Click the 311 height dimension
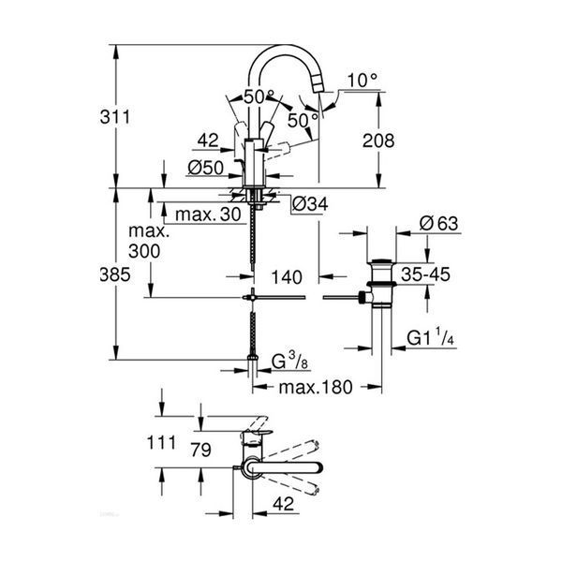[115, 117]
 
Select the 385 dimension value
[115, 274]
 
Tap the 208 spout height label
[378, 140]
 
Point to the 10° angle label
[362, 81]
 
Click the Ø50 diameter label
[205, 168]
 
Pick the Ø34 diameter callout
[310, 204]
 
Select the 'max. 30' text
[208, 214]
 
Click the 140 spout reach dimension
[287, 277]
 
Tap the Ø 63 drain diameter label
[439, 223]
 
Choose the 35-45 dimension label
[425, 274]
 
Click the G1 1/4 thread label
[431, 337]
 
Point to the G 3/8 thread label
[289, 361]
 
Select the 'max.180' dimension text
[316, 387]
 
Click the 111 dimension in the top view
[161, 443]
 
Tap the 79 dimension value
[200, 450]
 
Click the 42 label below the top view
[283, 504]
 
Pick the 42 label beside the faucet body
[208, 140]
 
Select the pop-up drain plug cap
[381, 261]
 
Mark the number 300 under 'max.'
[144, 251]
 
